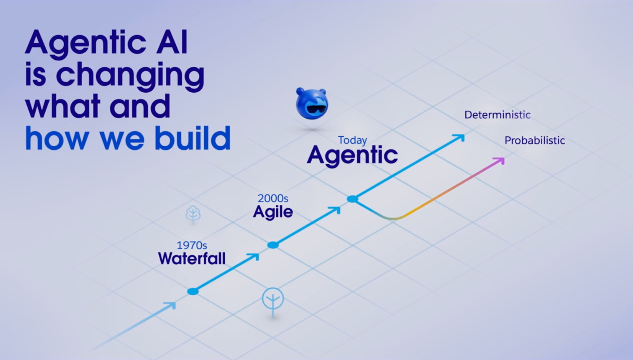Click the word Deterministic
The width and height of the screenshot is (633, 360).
pos(498,115)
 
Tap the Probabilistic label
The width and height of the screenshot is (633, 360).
pos(535,140)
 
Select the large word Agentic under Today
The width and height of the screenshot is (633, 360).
pos(352,156)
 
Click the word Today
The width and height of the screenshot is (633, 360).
pos(352,140)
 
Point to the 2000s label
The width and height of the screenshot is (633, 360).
pos(273,198)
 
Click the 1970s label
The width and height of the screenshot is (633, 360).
pos(192,245)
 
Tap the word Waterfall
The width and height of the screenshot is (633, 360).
pos(192,258)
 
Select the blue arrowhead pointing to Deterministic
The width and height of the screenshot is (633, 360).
pos(460,138)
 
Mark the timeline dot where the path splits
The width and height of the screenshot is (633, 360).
pos(352,199)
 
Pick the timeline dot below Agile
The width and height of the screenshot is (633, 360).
pos(273,245)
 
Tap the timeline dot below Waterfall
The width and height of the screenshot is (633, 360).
pos(193,291)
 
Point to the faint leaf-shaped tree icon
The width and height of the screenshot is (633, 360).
pos(193,214)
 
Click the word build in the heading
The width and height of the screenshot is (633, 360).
pos(193,138)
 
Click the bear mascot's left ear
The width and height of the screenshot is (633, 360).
pos(300,92)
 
